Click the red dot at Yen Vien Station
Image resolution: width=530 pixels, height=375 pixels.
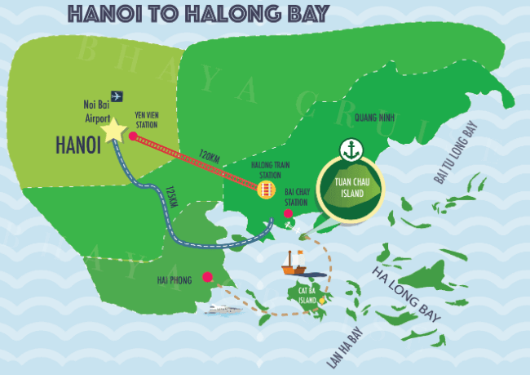click(x=133, y=136)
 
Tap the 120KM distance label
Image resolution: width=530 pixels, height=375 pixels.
click(x=210, y=158)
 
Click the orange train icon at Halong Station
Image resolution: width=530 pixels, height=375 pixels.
click(x=264, y=190)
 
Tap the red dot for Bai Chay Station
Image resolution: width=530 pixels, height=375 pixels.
click(x=288, y=214)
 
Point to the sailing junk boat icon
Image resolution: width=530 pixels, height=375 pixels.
click(x=293, y=262)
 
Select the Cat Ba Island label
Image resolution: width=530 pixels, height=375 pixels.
click(x=307, y=294)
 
